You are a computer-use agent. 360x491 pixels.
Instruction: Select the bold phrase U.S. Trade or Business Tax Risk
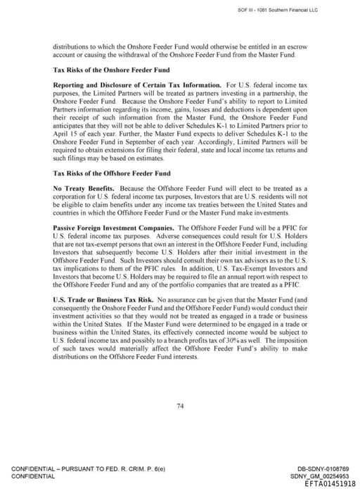click(97, 300)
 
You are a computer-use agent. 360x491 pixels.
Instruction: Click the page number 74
click(180, 405)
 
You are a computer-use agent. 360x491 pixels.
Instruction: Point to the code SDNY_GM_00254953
click(322, 476)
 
